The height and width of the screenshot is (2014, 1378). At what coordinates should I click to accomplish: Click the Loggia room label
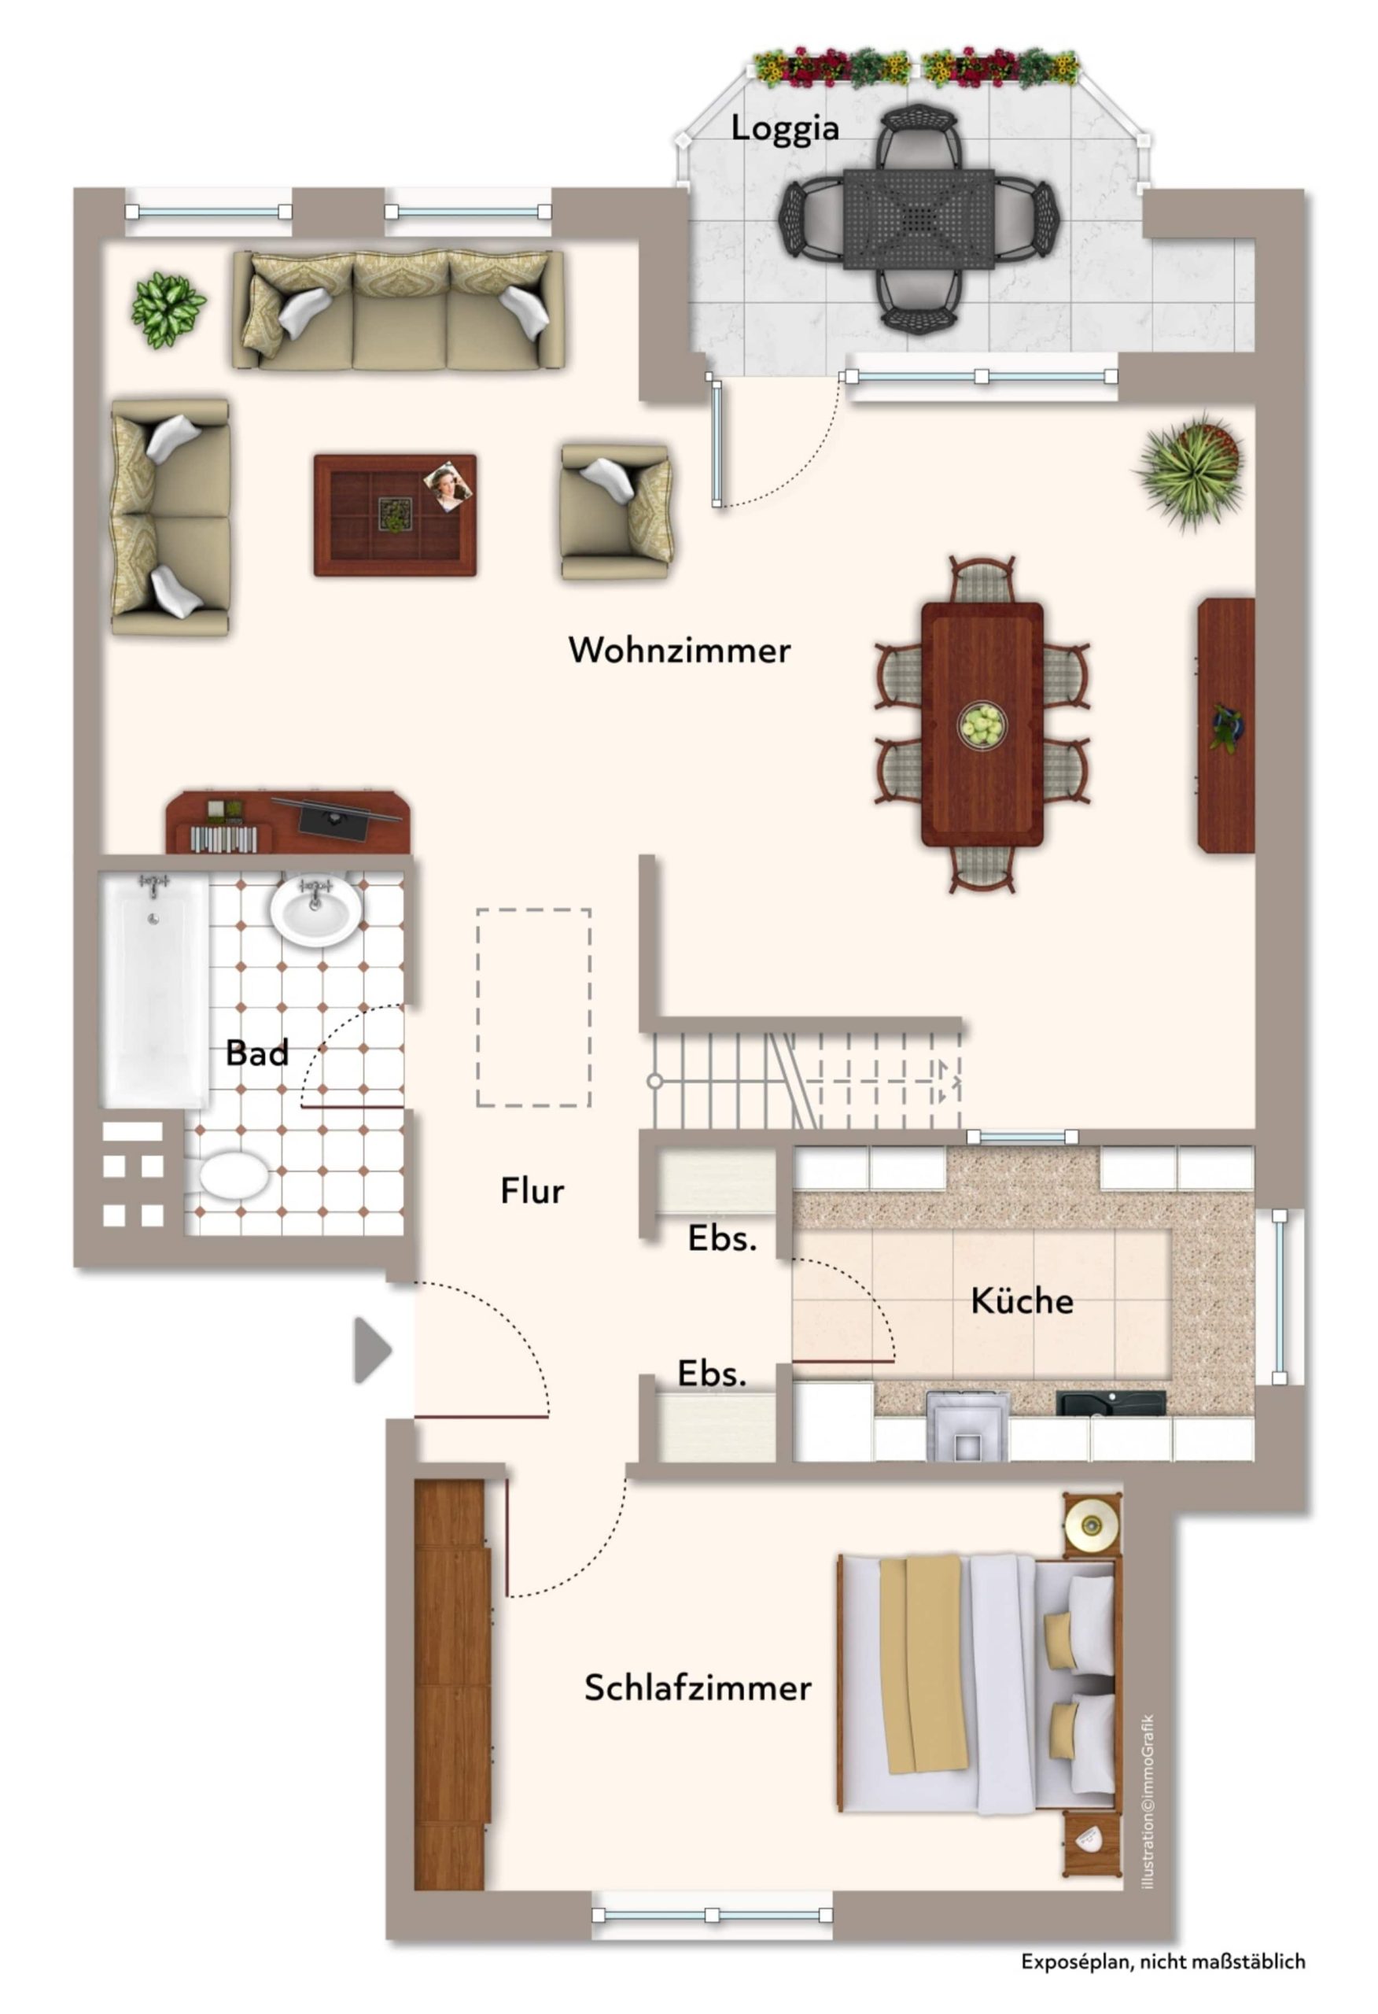(x=784, y=128)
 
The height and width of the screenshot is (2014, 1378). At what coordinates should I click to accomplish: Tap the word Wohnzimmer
(x=679, y=650)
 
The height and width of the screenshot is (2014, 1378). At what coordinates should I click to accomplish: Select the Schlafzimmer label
(x=698, y=1687)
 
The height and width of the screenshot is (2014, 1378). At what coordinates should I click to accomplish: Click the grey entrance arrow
(x=373, y=1350)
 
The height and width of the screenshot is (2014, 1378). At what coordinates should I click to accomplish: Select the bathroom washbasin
(x=315, y=911)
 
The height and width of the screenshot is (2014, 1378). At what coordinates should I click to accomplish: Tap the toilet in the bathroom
(x=232, y=1175)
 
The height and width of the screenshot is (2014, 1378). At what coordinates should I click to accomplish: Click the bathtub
(x=156, y=990)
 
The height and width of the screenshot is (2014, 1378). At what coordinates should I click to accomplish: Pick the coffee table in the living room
(x=395, y=515)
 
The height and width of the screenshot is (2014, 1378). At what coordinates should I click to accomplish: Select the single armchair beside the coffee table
(x=616, y=512)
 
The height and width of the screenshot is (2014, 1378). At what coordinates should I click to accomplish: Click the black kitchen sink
(x=1111, y=1402)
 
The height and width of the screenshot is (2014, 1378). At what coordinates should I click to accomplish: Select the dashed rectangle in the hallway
(x=533, y=1007)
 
